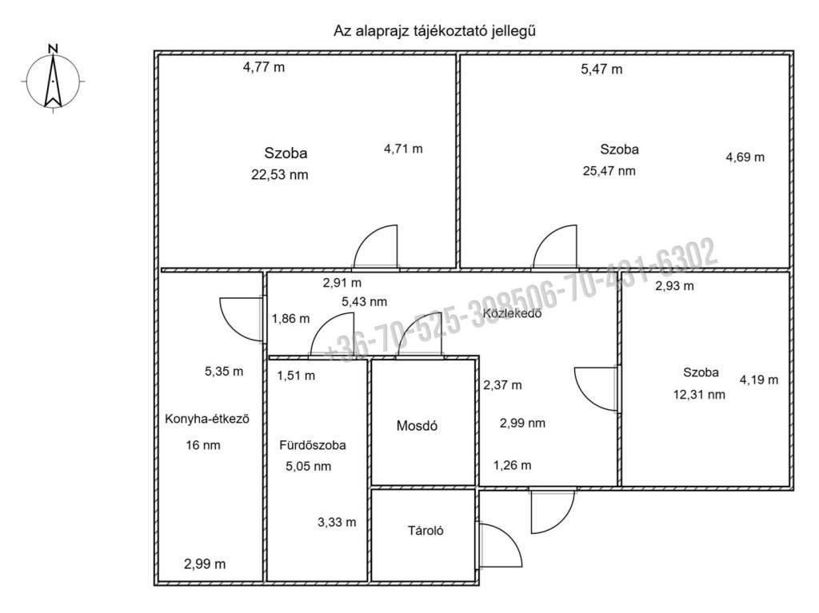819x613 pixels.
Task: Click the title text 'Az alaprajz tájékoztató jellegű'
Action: click(434, 31)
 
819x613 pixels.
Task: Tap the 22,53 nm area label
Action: click(280, 174)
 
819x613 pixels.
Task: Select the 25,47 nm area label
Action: click(609, 171)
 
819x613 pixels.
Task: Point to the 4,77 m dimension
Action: click(264, 67)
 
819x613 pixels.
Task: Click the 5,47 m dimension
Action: click(601, 69)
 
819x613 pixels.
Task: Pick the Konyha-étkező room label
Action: click(207, 419)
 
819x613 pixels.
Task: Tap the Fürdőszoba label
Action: click(313, 445)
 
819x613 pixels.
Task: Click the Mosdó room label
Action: click(417, 425)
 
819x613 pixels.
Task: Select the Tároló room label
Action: click(425, 531)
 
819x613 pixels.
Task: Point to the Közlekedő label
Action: click(512, 313)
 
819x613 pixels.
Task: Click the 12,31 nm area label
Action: click(699, 395)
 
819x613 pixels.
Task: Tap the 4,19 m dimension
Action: click(759, 380)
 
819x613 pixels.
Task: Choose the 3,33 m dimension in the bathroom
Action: click(337, 522)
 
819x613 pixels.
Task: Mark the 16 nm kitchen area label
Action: click(203, 445)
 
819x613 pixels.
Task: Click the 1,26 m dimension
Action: click(513, 464)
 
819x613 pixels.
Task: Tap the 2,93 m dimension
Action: click(675, 285)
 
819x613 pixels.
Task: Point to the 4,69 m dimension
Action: click(745, 157)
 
